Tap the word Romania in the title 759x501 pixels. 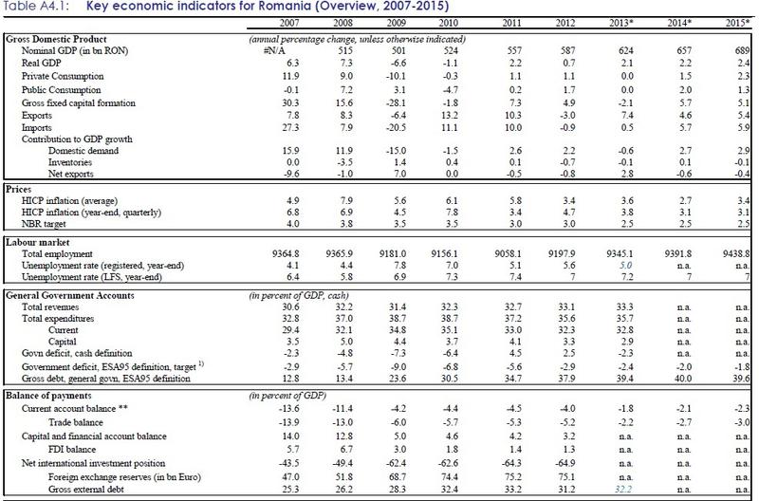tap(275, 9)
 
